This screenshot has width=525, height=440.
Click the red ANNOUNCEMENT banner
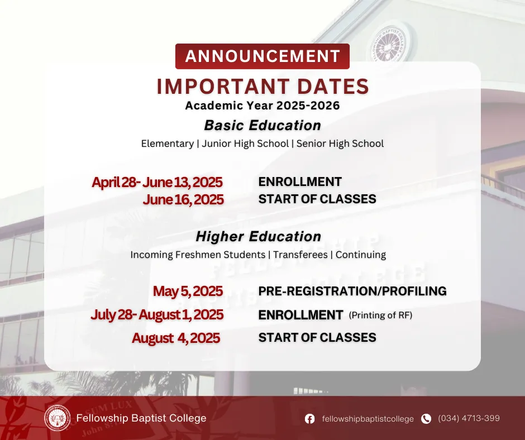pos(262,56)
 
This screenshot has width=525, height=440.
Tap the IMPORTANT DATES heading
pos(262,87)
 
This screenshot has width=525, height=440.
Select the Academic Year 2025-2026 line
pos(262,106)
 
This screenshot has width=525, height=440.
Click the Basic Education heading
pos(262,125)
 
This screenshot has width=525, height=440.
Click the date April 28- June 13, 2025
pos(157,182)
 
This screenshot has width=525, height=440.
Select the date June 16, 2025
pos(183,199)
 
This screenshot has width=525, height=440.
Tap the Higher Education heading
pos(259,237)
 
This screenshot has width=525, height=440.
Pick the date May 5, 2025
pos(188,291)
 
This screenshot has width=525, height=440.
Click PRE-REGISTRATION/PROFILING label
pos(352,291)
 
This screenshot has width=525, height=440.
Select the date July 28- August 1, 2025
pos(157,315)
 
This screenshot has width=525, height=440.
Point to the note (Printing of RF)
pos(380,315)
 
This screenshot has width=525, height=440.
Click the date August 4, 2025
pos(176,338)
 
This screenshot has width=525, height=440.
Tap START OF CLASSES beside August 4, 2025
pos(317,338)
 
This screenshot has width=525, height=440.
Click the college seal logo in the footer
pos(58,418)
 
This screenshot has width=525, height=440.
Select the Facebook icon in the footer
pos(310,419)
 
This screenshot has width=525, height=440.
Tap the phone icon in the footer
pos(426,419)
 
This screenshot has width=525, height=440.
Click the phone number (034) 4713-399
pos(469,418)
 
